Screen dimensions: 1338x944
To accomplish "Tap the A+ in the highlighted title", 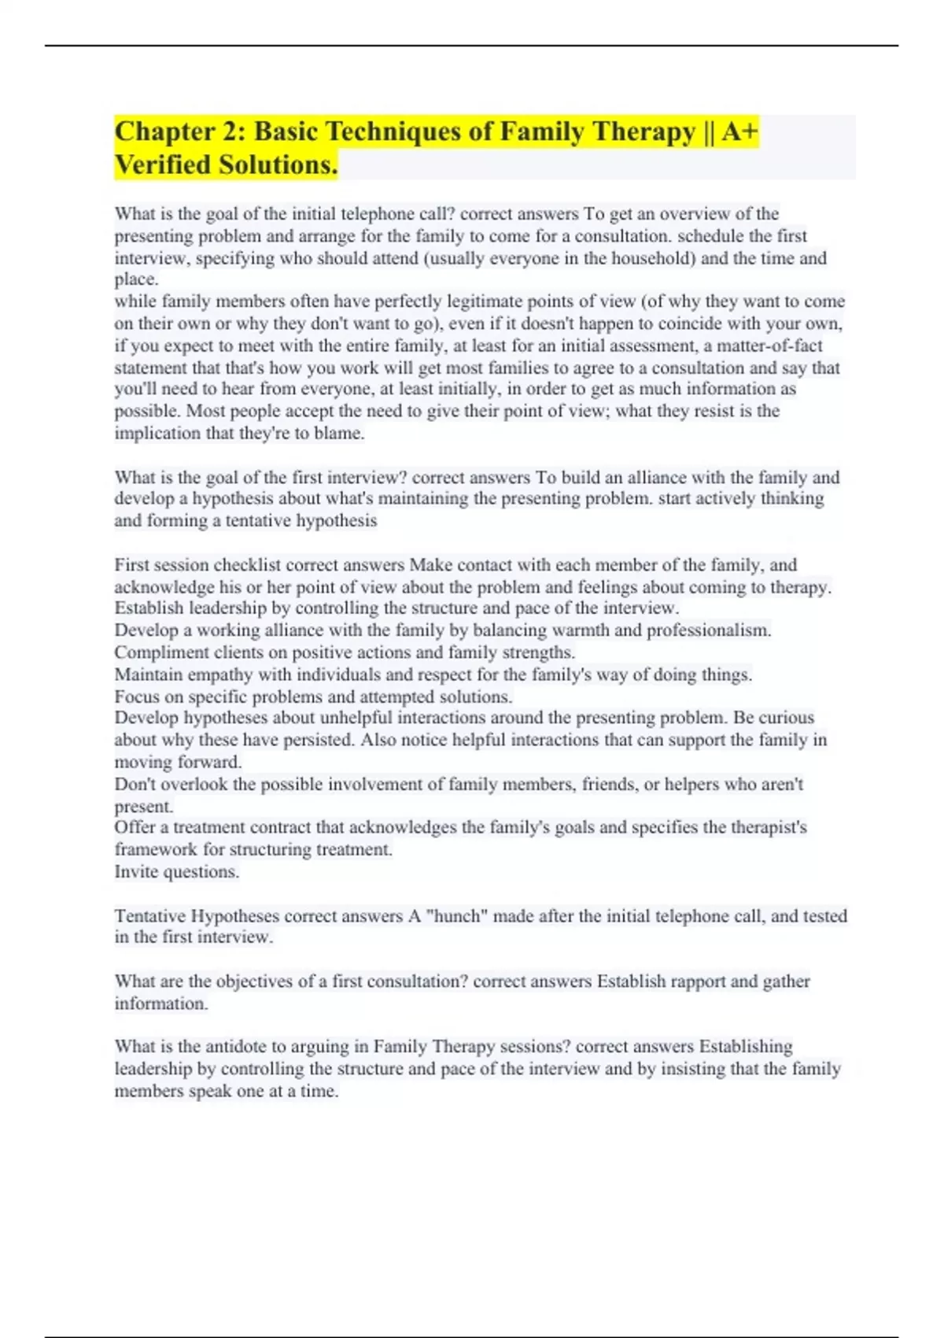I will pyautogui.click(x=739, y=131).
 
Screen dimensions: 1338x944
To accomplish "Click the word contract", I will pyautogui.click(x=280, y=827).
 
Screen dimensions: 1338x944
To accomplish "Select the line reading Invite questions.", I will pyautogui.click(x=177, y=871).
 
